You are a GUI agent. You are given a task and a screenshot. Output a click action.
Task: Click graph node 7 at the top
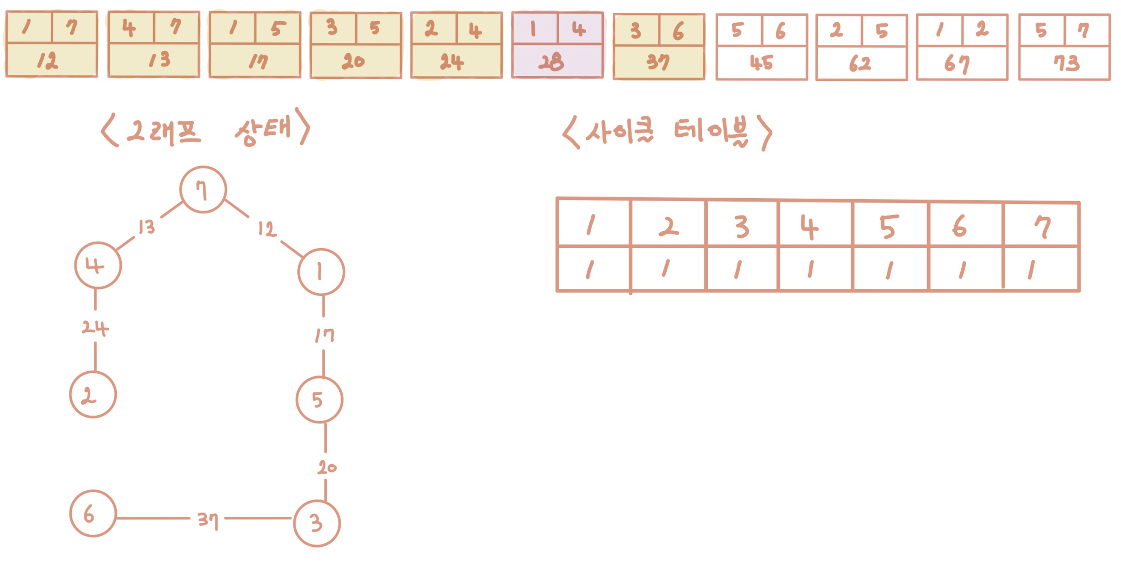203,190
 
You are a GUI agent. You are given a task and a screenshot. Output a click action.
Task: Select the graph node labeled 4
98,265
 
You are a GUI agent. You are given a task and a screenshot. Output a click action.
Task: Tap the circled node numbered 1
321,272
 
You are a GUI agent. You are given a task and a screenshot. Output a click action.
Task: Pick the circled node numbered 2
93,395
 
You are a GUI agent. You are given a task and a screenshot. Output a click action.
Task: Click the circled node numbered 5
319,400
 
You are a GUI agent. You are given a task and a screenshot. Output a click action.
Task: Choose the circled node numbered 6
93,513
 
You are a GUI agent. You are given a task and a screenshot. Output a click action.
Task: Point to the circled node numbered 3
317,523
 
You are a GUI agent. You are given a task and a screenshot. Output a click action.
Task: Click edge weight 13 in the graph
147,227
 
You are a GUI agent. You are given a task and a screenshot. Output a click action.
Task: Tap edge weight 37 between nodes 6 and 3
207,519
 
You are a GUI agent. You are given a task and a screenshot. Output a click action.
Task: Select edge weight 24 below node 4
95,328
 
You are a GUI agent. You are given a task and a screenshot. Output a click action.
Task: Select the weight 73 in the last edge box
1066,63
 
